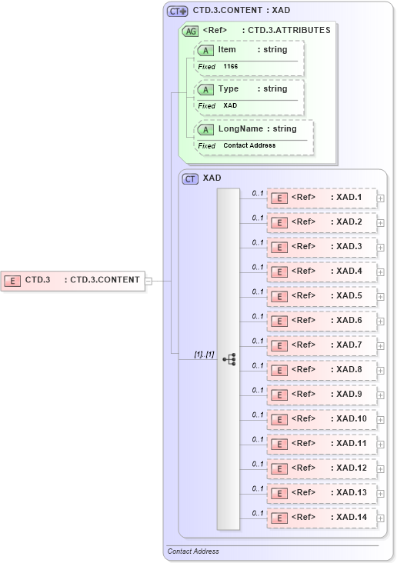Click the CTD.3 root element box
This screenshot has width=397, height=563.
pos(73,280)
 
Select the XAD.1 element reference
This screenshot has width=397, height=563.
pos(322,198)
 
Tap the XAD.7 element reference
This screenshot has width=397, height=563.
pos(322,345)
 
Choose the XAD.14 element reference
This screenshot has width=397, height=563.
pos(322,518)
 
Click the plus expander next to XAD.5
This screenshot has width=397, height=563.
pos(381,296)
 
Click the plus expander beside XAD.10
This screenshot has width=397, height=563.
pos(381,419)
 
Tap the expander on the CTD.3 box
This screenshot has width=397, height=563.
pos(149,281)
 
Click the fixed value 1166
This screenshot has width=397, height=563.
pos(231,67)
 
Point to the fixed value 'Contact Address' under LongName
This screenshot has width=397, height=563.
pos(249,145)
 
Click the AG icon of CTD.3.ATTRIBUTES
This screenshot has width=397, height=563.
pos(190,32)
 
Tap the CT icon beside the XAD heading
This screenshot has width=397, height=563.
pos(190,178)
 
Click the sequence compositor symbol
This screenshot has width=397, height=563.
pos(229,358)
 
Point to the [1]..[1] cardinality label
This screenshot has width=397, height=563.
pos(204,354)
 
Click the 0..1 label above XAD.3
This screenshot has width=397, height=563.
pos(258,242)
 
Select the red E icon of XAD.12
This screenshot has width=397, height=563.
pos(281,468)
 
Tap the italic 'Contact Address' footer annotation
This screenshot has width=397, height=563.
pos(193,551)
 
